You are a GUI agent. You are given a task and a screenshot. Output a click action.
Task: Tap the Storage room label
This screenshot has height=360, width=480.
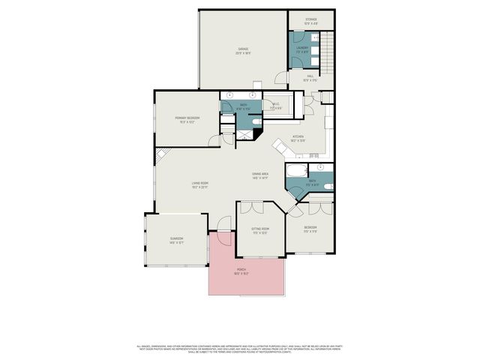tap(310, 20)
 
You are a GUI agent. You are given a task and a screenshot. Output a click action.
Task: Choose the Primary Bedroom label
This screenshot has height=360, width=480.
tap(185, 119)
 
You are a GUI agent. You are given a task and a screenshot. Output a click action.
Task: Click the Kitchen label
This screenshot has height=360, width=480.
tap(298, 137)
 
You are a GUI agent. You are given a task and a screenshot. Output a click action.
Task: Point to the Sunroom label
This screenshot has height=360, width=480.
tap(176, 240)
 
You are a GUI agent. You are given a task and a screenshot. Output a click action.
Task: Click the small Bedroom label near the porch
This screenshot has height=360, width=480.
tap(310, 228)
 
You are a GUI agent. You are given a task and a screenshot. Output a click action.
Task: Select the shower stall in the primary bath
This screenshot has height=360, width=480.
tap(243, 135)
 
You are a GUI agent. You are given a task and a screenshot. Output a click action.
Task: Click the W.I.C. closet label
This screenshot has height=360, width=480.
tap(275, 105)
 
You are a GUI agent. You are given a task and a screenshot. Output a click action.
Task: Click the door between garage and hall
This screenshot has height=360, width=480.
tap(279, 77)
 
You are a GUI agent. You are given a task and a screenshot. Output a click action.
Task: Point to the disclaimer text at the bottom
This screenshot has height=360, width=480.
tap(240, 348)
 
